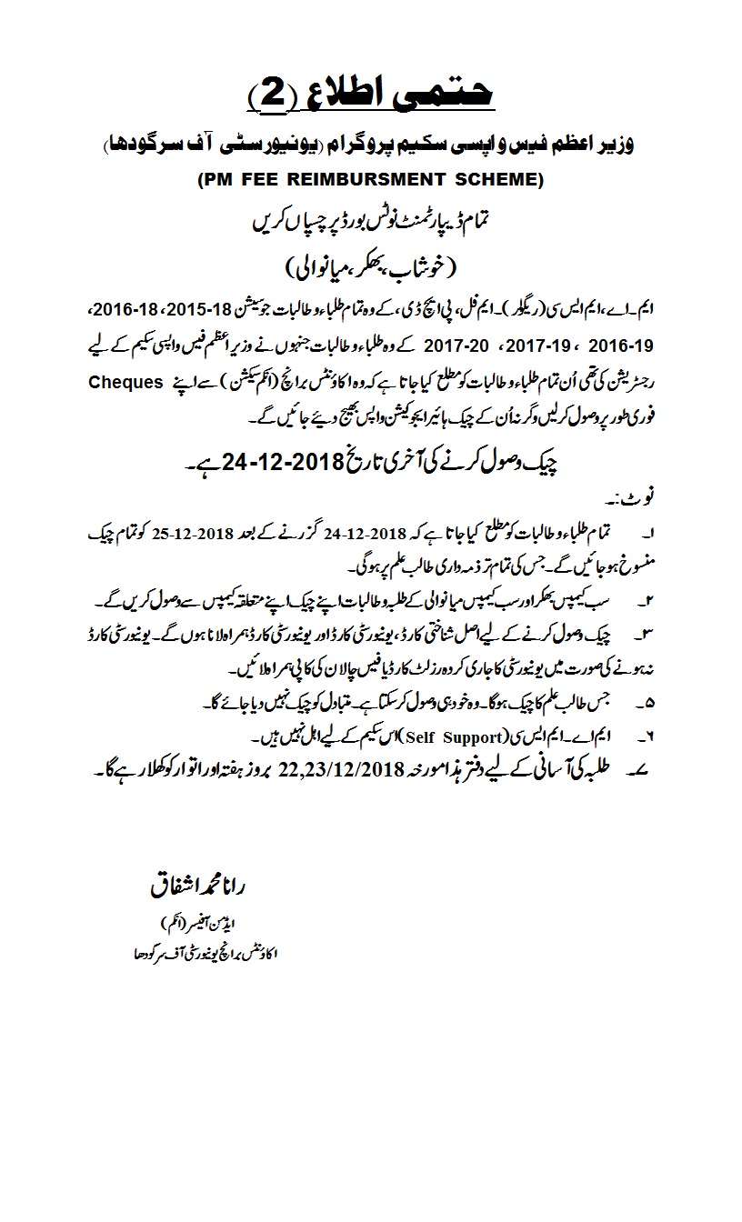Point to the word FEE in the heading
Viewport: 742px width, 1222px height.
click(258, 180)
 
